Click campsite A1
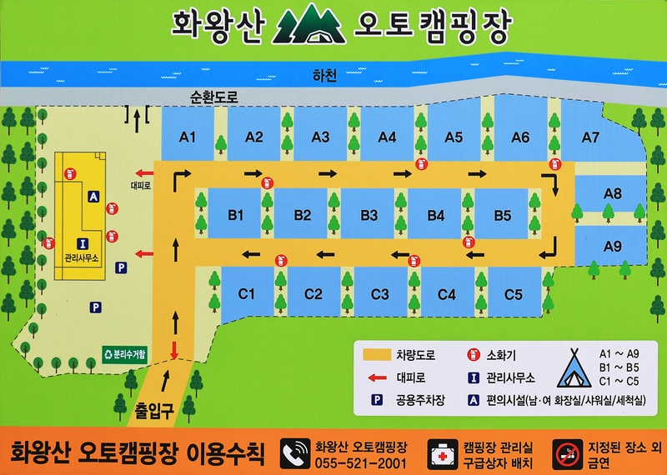click(188, 137)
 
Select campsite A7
click(590, 137)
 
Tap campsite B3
click(369, 215)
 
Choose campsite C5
click(513, 293)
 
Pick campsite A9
click(613, 246)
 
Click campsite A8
click(613, 193)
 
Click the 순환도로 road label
click(214, 97)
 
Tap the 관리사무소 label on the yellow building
click(82, 259)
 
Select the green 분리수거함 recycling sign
click(125, 354)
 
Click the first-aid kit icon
click(440, 453)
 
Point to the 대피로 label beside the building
click(140, 186)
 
